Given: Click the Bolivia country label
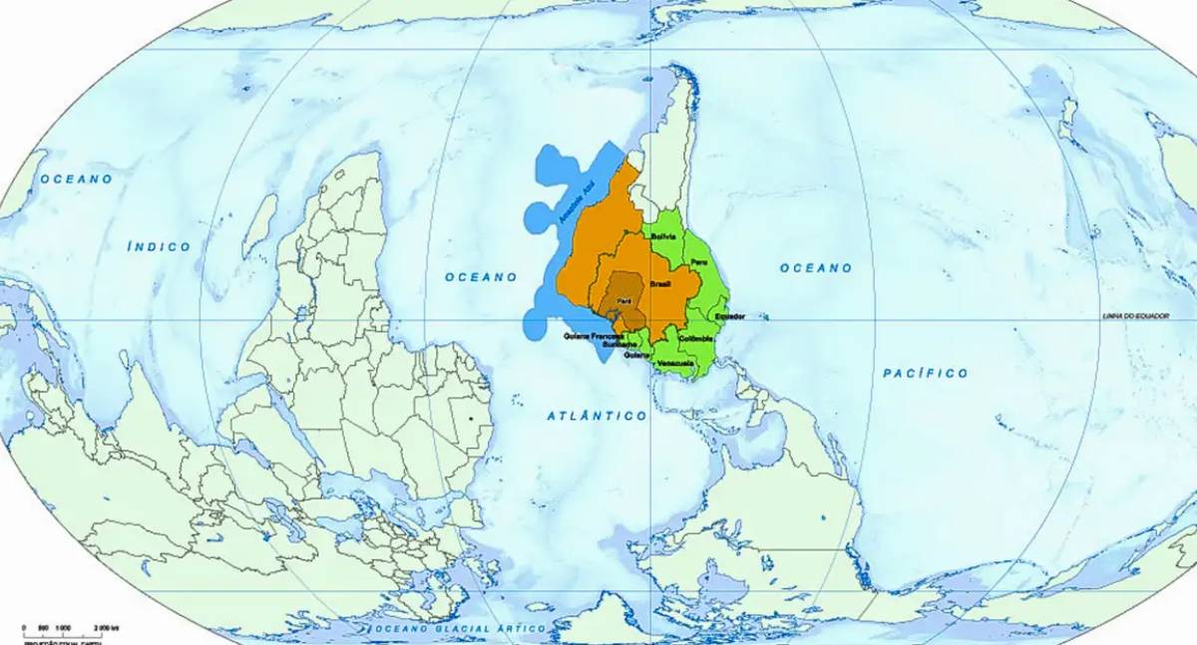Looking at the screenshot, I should (663, 236).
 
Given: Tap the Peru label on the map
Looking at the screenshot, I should (697, 260).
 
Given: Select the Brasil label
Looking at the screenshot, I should (660, 284).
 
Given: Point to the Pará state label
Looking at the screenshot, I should (624, 300).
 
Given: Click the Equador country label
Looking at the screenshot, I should (731, 316).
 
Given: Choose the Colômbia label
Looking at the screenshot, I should (696, 339).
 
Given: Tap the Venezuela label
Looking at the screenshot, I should (675, 363).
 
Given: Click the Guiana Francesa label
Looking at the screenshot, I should (594, 336).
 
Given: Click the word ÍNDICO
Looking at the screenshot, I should (159, 245).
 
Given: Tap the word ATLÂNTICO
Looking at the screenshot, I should (597, 415).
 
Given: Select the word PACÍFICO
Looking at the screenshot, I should (926, 373).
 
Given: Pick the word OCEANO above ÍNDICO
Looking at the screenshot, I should (76, 178).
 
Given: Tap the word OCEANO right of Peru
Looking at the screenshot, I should (816, 268).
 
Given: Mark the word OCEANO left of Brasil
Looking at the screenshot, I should (481, 276).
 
